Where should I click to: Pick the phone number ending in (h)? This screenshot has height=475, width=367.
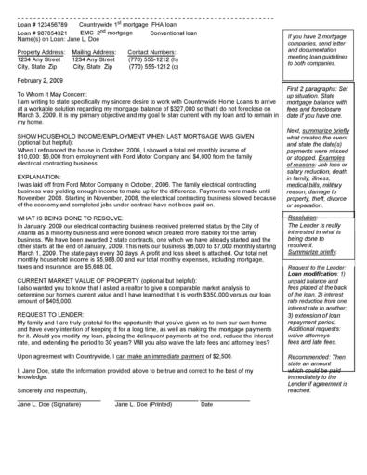(153, 59)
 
